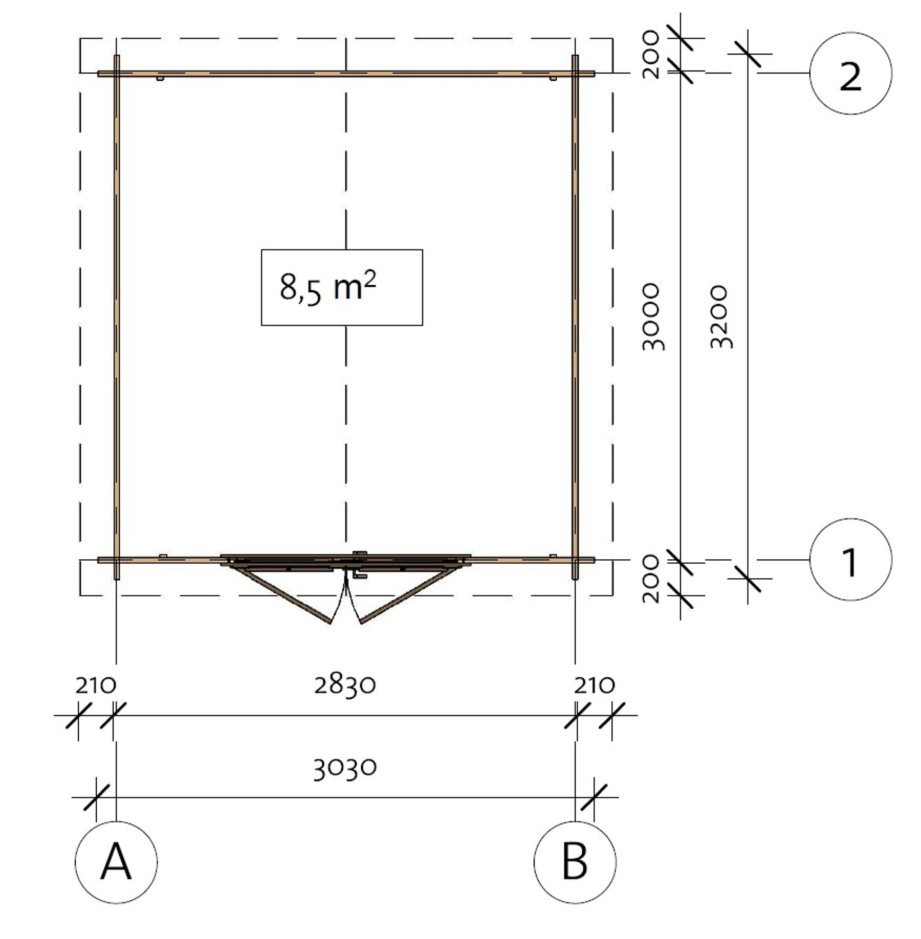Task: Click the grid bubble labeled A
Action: click(x=116, y=862)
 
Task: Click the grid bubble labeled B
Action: click(x=575, y=862)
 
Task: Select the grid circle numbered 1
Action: click(x=850, y=560)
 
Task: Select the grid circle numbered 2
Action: click(x=850, y=74)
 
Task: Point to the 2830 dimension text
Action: click(x=345, y=685)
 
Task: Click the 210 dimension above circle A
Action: click(x=96, y=685)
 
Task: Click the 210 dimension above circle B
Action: click(x=594, y=685)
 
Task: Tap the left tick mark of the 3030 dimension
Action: click(x=96, y=797)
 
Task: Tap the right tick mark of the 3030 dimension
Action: click(x=594, y=797)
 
